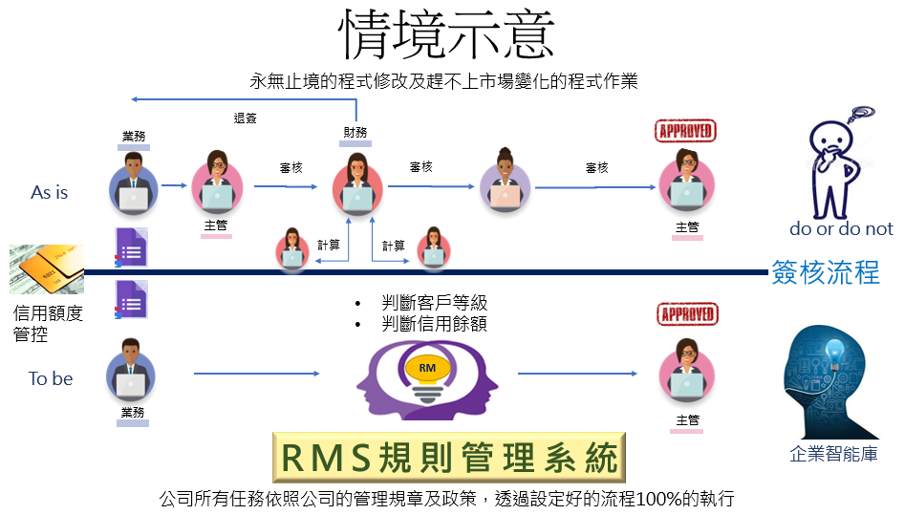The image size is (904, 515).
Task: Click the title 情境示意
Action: pyautogui.click(x=446, y=34)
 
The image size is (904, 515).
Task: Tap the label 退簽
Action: pyautogui.click(x=245, y=118)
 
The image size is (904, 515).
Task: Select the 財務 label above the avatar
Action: pyautogui.click(x=355, y=133)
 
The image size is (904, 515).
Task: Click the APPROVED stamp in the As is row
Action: pyautogui.click(x=685, y=131)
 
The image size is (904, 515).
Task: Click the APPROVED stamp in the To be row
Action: pyautogui.click(x=687, y=314)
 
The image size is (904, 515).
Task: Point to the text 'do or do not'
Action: pyautogui.click(x=841, y=229)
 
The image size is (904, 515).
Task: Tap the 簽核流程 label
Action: pyautogui.click(x=826, y=272)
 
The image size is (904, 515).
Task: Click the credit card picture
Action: pyautogui.click(x=47, y=269)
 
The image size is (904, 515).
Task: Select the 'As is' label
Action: pyautogui.click(x=49, y=192)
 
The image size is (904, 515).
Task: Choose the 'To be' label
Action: pyautogui.click(x=51, y=379)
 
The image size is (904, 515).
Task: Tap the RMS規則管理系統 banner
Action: pyautogui.click(x=448, y=458)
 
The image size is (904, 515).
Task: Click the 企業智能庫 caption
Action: pyautogui.click(x=833, y=454)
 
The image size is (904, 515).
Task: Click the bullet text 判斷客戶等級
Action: pyautogui.click(x=435, y=302)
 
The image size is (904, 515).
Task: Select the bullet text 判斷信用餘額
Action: pyautogui.click(x=435, y=324)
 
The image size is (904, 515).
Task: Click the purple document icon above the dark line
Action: pyautogui.click(x=132, y=247)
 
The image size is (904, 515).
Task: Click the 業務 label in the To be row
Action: pyautogui.click(x=133, y=413)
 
